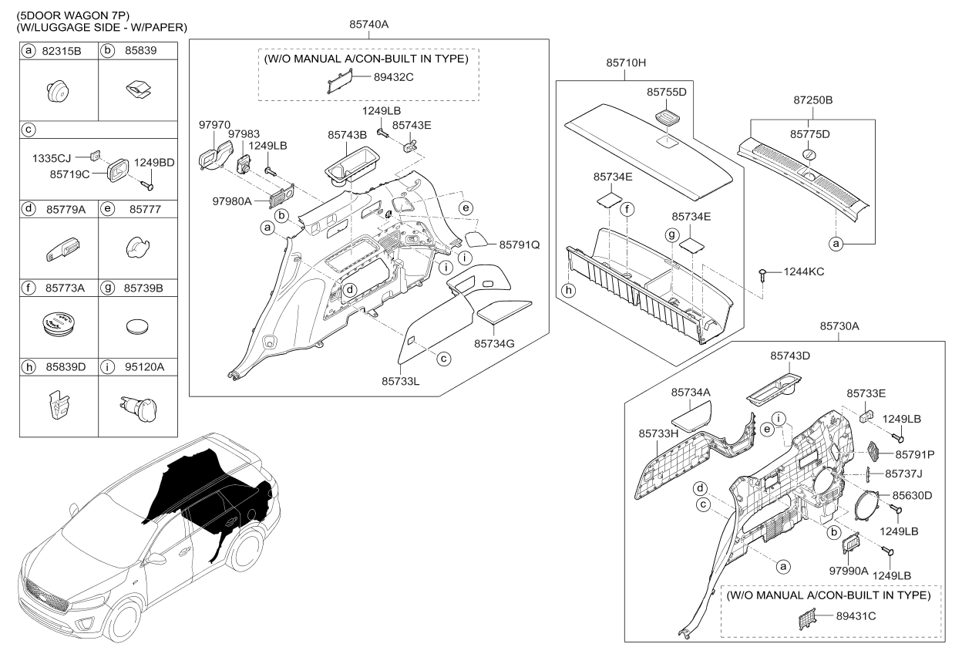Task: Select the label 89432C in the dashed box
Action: [395, 77]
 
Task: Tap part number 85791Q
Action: [519, 244]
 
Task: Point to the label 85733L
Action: [402, 380]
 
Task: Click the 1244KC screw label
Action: [805, 271]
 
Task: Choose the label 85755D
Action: [666, 92]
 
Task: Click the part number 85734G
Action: [494, 344]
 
